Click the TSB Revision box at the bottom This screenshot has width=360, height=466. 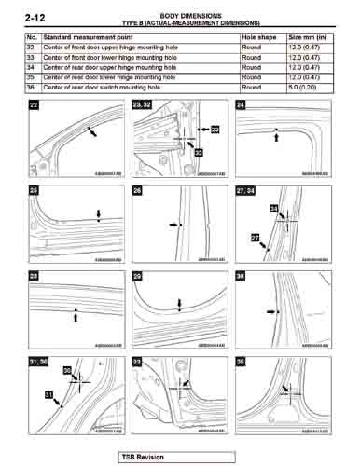pos(149,457)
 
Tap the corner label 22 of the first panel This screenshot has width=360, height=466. pos(35,107)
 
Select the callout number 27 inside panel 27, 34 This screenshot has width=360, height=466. pos(256,239)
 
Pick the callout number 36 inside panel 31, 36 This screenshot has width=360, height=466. pos(67,371)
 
